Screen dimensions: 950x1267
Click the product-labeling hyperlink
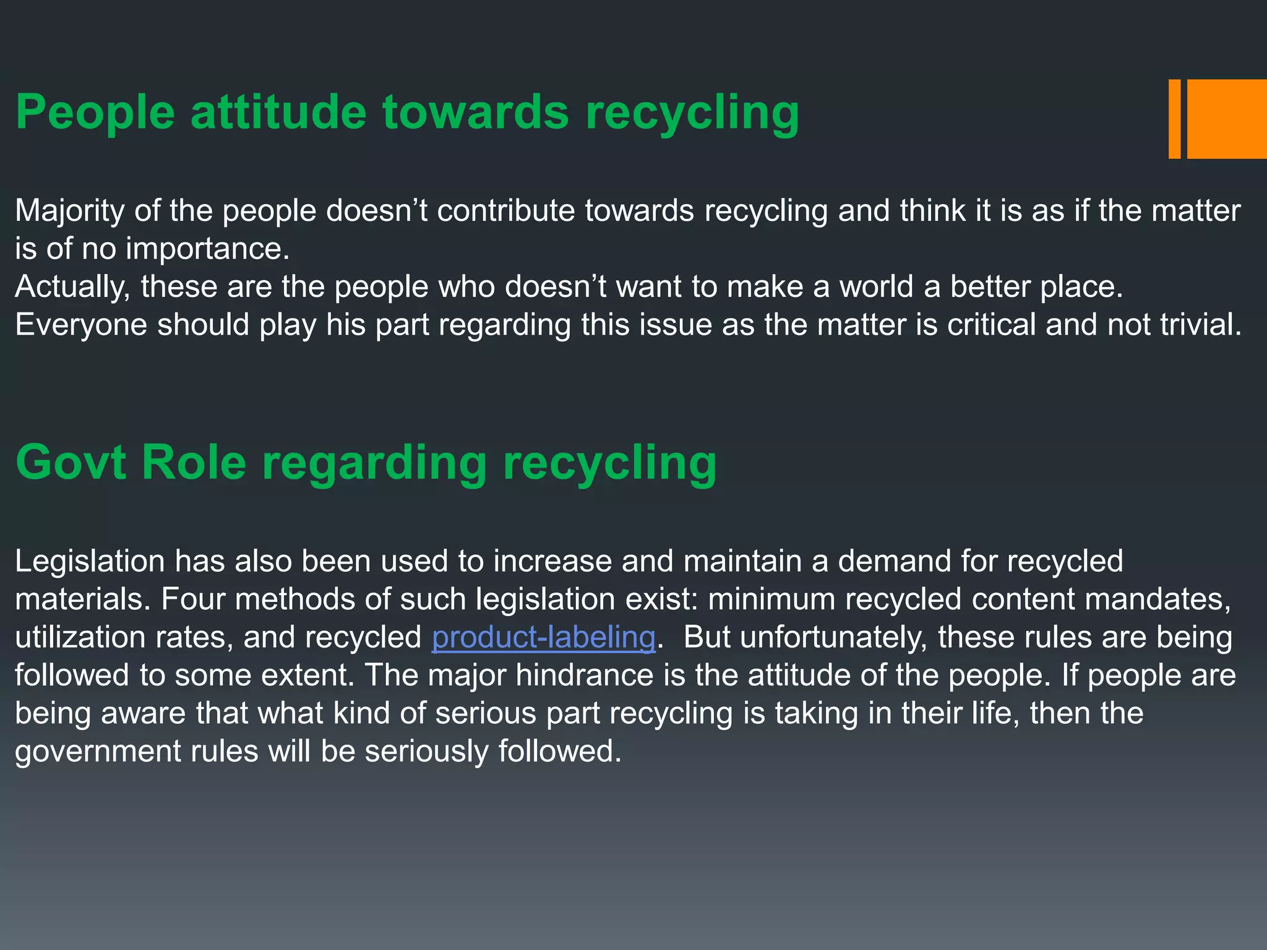click(x=543, y=637)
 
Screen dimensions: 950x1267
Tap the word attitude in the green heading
click(x=278, y=113)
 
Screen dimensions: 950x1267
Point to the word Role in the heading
click(x=194, y=462)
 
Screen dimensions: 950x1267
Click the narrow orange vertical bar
click(x=1174, y=119)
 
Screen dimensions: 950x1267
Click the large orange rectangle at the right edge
click(x=1227, y=119)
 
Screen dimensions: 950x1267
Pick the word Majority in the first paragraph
click(x=70, y=212)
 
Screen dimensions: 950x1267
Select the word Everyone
click(x=81, y=325)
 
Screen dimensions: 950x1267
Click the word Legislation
click(x=90, y=562)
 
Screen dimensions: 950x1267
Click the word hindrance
click(x=585, y=675)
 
